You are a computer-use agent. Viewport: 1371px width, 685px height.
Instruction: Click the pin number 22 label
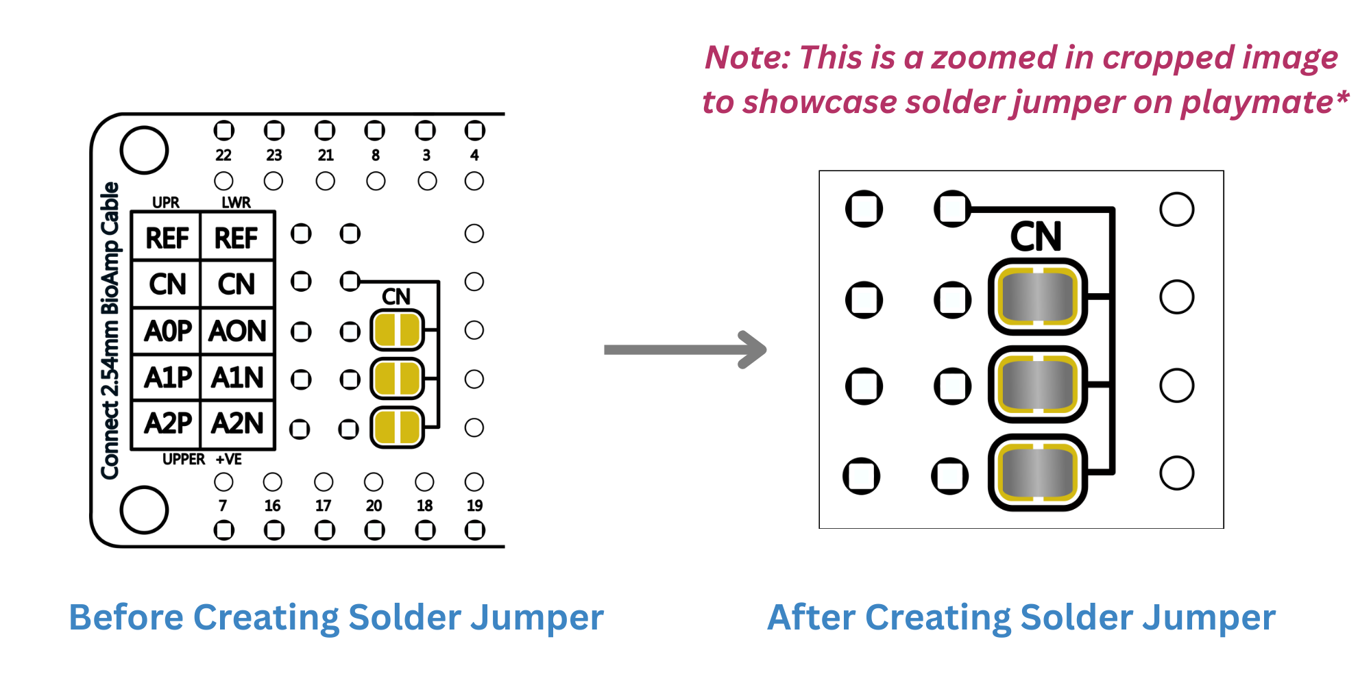(223, 155)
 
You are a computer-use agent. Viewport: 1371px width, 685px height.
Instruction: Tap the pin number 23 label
(274, 155)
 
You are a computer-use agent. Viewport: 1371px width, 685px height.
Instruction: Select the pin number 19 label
(474, 506)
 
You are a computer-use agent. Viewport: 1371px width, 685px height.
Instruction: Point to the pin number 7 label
(223, 506)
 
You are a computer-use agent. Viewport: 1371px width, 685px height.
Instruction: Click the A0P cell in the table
(167, 332)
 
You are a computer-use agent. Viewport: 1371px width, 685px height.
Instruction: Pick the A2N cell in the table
(238, 423)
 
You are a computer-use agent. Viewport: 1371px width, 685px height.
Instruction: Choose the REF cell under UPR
(167, 238)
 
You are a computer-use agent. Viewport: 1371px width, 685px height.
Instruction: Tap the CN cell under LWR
(237, 284)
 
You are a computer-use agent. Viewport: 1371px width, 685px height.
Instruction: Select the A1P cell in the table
(167, 377)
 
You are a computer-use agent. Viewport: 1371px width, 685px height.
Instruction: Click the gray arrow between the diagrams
(685, 349)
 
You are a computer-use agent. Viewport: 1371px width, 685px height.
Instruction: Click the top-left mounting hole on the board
(144, 150)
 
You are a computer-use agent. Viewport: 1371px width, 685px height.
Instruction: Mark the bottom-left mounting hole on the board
(144, 510)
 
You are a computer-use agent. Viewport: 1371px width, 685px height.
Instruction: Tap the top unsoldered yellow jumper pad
(397, 330)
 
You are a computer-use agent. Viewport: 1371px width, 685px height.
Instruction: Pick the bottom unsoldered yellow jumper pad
(397, 427)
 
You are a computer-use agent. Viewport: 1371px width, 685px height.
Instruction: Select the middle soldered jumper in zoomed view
(1037, 385)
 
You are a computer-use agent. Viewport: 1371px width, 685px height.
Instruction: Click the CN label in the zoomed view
(1036, 237)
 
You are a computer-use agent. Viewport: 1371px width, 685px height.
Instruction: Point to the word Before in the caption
(126, 617)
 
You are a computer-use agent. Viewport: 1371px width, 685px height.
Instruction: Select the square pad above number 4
(474, 130)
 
